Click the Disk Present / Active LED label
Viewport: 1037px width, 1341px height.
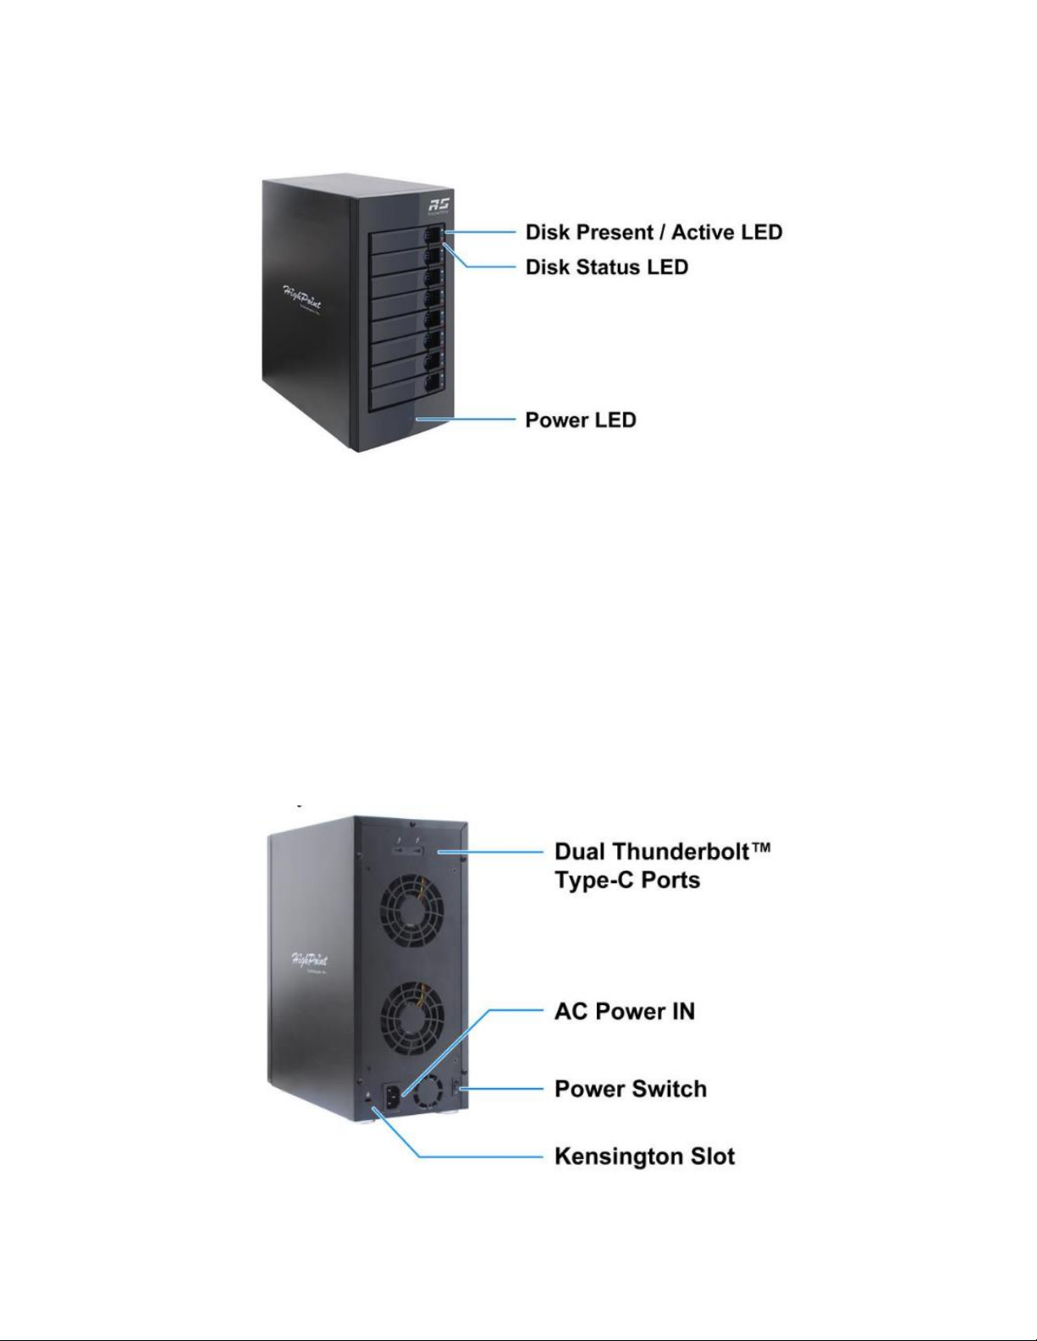pyautogui.click(x=654, y=233)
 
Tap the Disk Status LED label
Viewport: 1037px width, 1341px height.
pyautogui.click(x=607, y=267)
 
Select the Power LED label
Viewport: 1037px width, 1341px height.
pyautogui.click(x=580, y=420)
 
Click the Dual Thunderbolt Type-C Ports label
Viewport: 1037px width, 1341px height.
pyautogui.click(x=663, y=866)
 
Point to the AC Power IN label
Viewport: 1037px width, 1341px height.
pyautogui.click(x=625, y=1011)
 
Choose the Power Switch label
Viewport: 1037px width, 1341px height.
pyautogui.click(x=631, y=1089)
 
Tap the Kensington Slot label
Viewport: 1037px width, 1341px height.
pyautogui.click(x=645, y=1157)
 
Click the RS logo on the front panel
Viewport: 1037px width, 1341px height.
pyautogui.click(x=439, y=206)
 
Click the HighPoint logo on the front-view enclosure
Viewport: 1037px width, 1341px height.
pyautogui.click(x=302, y=298)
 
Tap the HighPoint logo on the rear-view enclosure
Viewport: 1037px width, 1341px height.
pyautogui.click(x=310, y=961)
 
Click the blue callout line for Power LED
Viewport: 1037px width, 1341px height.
pyautogui.click(x=466, y=420)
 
